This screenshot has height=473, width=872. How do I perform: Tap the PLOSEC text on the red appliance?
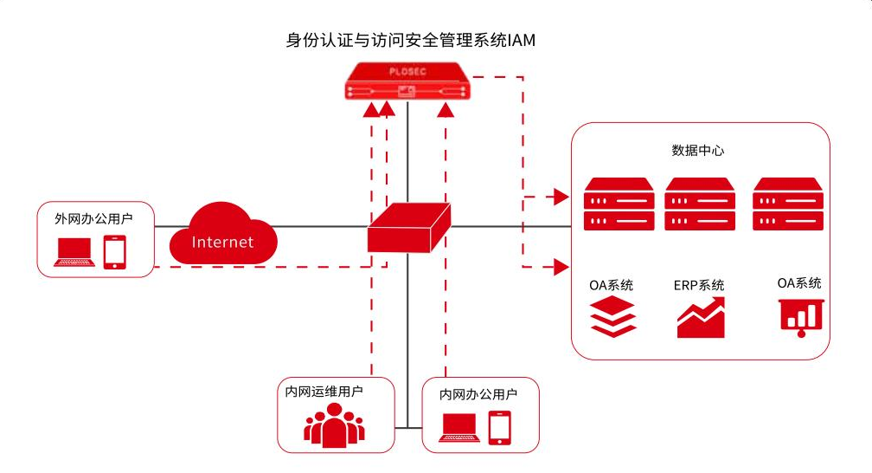407,73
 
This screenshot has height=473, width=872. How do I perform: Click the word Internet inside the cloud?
222,242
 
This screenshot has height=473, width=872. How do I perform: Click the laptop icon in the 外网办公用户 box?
74,251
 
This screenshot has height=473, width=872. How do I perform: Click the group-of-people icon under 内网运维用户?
334,424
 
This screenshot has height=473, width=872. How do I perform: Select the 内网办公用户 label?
478,394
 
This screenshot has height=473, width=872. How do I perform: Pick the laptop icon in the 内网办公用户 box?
459,427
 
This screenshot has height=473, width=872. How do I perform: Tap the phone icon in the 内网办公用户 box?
500,426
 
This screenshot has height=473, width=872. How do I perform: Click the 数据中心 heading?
698,150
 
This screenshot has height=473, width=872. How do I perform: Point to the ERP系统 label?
699,285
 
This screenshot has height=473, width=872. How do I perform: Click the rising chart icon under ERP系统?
701,318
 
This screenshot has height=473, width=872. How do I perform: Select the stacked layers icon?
613,317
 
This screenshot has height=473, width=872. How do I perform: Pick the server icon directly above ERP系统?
700,204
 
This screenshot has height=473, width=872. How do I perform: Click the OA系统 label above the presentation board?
799,283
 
